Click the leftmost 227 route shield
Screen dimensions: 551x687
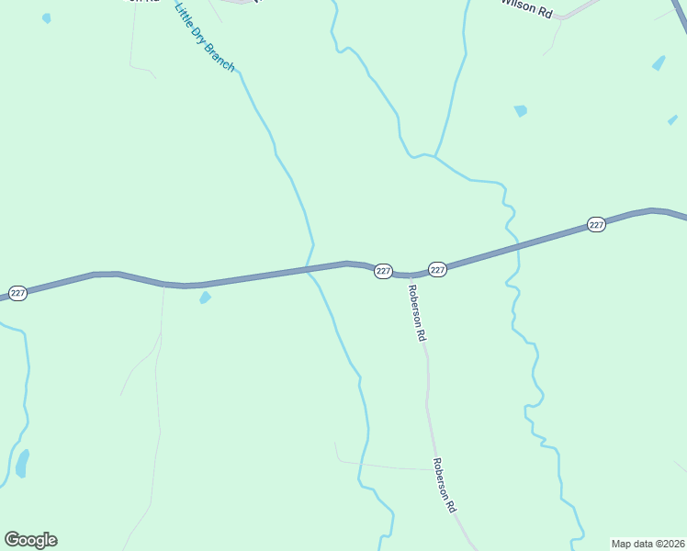click(x=18, y=293)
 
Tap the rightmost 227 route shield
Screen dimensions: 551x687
click(x=596, y=225)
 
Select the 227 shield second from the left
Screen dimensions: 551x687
click(x=384, y=271)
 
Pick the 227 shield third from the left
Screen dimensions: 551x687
click(x=437, y=269)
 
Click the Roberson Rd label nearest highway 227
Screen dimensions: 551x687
click(x=416, y=314)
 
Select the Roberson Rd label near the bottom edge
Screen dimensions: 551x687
click(x=445, y=485)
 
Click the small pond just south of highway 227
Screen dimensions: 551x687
click(x=205, y=298)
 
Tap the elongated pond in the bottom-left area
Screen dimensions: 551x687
click(x=22, y=463)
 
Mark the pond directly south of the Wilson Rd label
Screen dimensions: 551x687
click(x=521, y=111)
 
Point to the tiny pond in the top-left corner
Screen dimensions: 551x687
click(x=47, y=17)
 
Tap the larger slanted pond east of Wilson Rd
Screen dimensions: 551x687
click(x=659, y=63)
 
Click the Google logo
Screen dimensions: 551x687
click(x=30, y=540)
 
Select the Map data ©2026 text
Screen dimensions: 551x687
click(x=648, y=544)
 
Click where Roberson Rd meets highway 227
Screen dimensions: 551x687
click(x=405, y=275)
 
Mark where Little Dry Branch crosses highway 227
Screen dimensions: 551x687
click(x=311, y=268)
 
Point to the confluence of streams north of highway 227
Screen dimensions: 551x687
click(x=434, y=156)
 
